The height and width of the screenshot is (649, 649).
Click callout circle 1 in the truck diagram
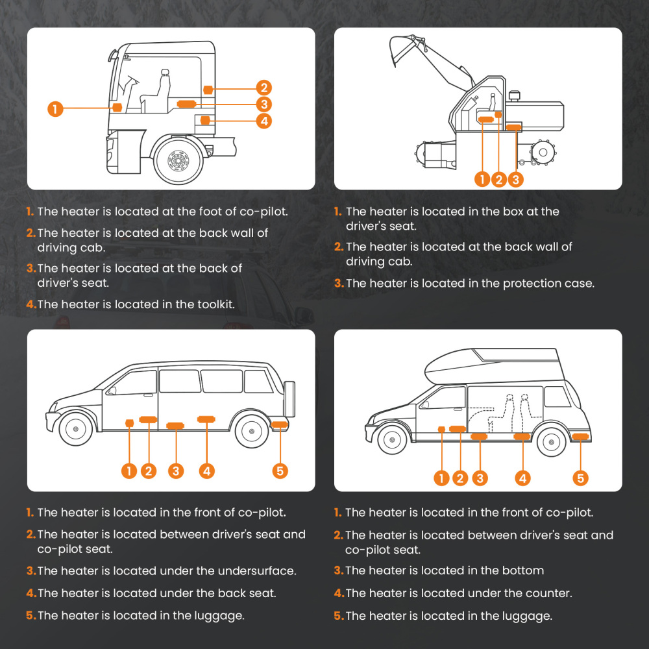56,109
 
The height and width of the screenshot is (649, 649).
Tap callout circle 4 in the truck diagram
263,121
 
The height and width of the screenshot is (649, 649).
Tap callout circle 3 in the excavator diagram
515,180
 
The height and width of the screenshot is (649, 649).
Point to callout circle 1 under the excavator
482,180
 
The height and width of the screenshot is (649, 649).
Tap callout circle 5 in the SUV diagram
280,471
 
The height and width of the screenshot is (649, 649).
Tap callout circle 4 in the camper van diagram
522,478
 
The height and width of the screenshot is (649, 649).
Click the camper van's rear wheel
550,442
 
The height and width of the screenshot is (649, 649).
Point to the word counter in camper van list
550,593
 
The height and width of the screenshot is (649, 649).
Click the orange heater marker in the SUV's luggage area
280,425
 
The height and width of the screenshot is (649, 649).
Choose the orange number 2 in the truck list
31,233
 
